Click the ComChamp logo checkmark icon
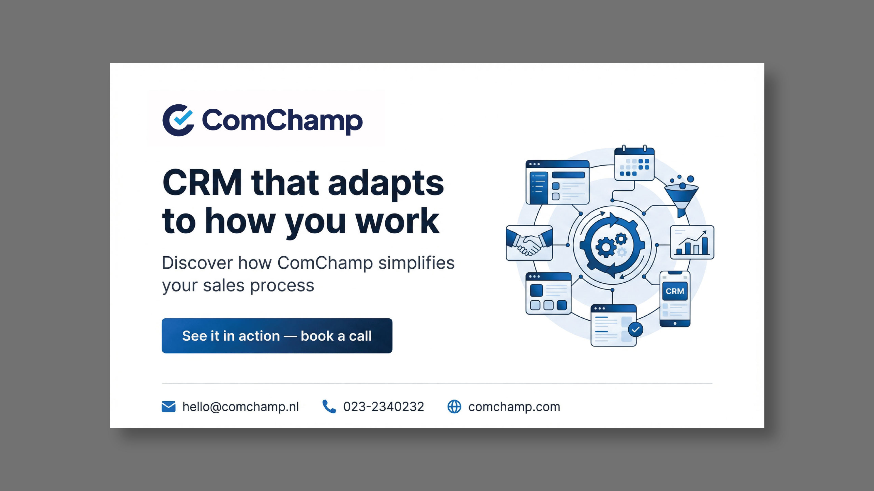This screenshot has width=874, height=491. click(179, 120)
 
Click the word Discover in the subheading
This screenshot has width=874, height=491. click(198, 263)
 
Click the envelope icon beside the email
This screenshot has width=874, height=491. click(169, 406)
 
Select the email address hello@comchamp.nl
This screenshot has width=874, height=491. click(240, 406)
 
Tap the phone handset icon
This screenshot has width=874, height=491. click(329, 406)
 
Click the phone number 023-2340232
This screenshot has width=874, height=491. click(383, 406)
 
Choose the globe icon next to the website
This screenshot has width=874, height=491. click(454, 406)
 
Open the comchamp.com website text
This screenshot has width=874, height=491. click(514, 407)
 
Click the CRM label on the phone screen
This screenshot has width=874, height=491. click(675, 291)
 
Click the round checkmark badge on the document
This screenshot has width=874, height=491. click(636, 329)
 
